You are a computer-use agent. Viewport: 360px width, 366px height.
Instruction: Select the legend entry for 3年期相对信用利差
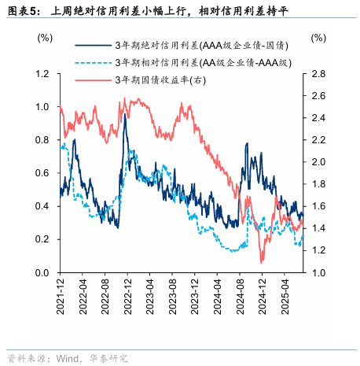(x=200, y=62)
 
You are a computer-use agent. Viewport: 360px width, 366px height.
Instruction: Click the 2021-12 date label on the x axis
(x=61, y=298)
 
